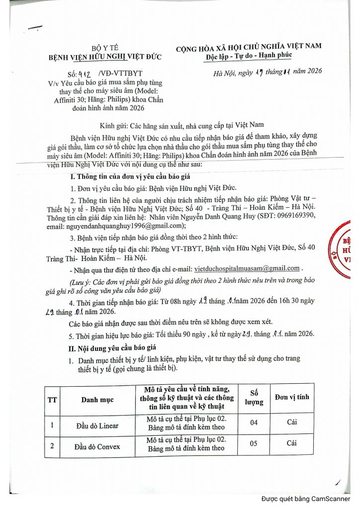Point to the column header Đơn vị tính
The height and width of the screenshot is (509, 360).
(292, 397)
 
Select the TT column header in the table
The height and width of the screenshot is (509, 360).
(52, 399)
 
